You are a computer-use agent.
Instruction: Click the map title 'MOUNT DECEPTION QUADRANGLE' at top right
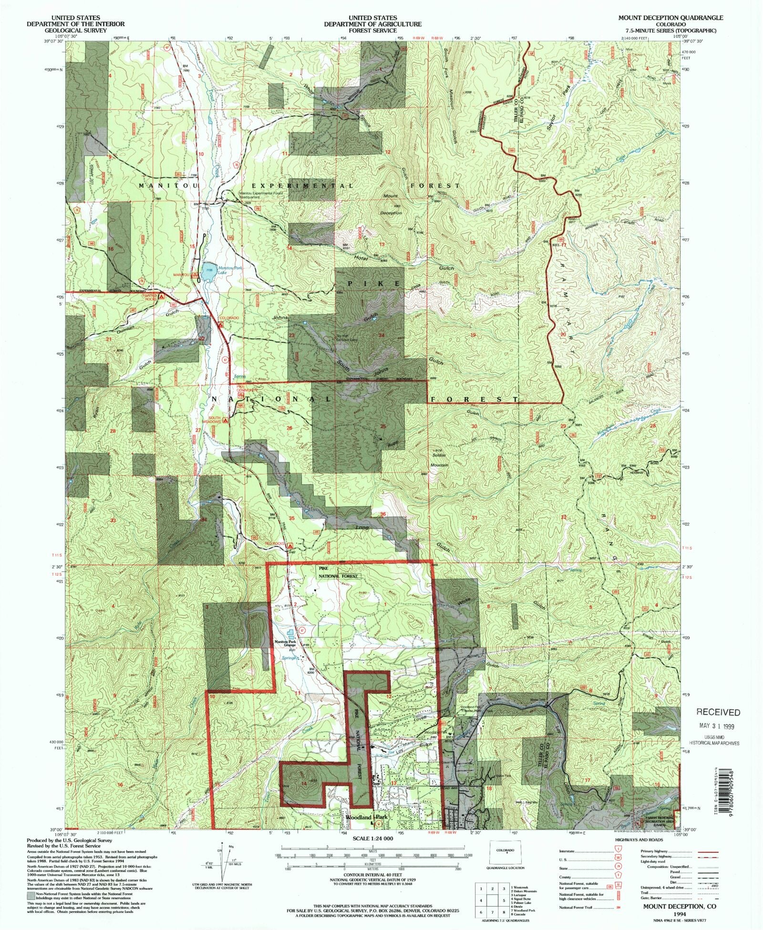tap(670, 18)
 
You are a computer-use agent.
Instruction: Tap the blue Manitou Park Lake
tap(209, 270)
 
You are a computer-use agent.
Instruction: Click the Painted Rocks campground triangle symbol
tap(161, 296)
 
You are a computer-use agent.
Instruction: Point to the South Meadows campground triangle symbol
tap(226, 421)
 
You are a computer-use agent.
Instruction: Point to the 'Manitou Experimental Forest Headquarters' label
tap(262, 194)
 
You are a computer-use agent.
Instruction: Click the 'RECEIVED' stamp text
tap(718, 712)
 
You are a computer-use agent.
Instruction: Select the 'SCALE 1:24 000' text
tap(372, 838)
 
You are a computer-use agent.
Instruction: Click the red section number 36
tap(383, 514)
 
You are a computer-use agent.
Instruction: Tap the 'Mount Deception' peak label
tap(391, 204)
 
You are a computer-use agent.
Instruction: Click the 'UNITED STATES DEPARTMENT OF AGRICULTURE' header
tap(372, 21)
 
